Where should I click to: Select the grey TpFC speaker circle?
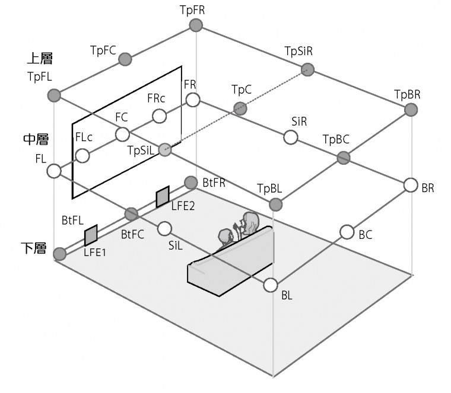(x=125, y=59)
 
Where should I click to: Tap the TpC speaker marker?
(x=240, y=108)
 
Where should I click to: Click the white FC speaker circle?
(x=122, y=133)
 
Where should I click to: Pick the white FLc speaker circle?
(x=82, y=155)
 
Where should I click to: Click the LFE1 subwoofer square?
(x=91, y=235)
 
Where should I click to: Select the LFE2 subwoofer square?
(x=163, y=197)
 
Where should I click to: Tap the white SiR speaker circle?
(x=290, y=138)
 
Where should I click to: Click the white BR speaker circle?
(x=411, y=185)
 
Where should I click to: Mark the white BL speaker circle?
(x=271, y=285)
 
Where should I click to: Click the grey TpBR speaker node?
(x=411, y=110)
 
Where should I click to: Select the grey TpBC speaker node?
(x=343, y=157)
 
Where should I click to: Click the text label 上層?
(x=40, y=59)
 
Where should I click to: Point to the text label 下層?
(x=34, y=248)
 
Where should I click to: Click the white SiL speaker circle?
(x=165, y=228)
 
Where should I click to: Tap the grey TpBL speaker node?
(x=275, y=205)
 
